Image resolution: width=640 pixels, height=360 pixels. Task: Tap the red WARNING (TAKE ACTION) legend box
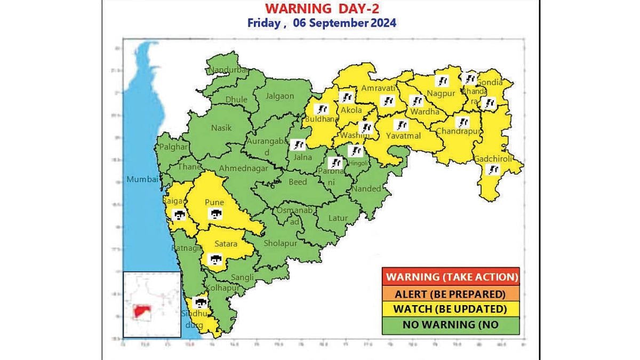point(451,277)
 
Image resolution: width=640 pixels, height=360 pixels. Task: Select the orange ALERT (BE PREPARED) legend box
point(451,293)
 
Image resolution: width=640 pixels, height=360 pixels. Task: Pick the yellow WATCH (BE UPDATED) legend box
point(451,309)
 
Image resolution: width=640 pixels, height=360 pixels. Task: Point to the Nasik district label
point(221,128)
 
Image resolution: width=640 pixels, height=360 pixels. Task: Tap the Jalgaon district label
point(281,97)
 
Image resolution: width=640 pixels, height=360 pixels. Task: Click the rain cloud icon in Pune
point(215,214)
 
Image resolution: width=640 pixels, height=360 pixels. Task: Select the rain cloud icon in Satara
point(215,260)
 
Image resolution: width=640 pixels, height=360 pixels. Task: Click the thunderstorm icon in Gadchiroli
point(494,170)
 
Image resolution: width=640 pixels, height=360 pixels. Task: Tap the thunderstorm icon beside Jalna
point(299,145)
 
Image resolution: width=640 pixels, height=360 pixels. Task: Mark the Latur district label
point(338,218)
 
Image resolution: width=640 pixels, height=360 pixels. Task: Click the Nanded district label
point(366,188)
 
